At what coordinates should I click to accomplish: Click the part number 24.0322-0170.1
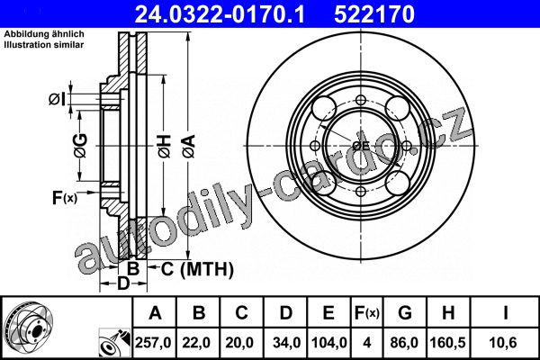coord(220,14)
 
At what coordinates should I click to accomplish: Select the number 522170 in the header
coord(374,14)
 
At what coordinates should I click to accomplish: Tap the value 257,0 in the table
coord(153,342)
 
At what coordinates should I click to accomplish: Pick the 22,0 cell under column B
coord(196,342)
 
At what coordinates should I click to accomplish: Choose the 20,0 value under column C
coord(239,342)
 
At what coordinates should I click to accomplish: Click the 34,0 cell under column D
coord(286,342)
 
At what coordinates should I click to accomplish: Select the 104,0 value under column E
coord(328,342)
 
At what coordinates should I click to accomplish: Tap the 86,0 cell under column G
coord(404,342)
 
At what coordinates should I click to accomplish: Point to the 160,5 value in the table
coord(447,342)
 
